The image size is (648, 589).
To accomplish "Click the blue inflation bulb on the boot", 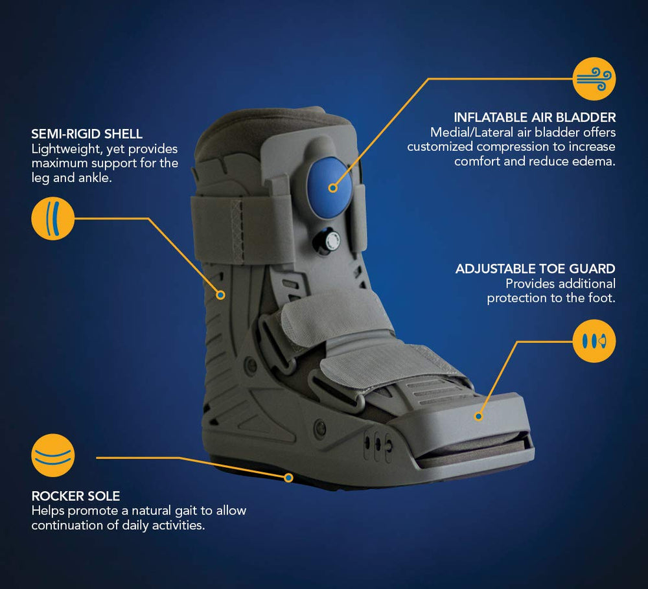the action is pos(329,188).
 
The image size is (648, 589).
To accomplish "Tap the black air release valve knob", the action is pos(327,241).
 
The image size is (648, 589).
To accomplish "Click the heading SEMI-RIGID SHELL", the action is pos(87,134).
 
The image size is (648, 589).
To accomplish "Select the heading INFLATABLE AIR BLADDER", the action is pos(535,117).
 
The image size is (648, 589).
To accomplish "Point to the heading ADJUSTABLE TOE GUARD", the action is pos(535,269).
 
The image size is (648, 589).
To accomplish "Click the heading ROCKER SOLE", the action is pos(76,496).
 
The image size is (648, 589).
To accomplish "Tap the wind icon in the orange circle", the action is pos(594,78).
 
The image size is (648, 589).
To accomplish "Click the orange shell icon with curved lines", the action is pos(53,218).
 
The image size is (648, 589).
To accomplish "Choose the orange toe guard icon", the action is pos(594,341).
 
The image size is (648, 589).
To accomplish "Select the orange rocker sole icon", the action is pos(53,456).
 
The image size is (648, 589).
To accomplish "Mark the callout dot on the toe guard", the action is pos(479,416).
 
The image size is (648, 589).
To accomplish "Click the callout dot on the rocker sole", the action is pos(288,478).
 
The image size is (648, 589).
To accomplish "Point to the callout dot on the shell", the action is pos(221,295).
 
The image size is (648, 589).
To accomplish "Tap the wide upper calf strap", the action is pos(243,229).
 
